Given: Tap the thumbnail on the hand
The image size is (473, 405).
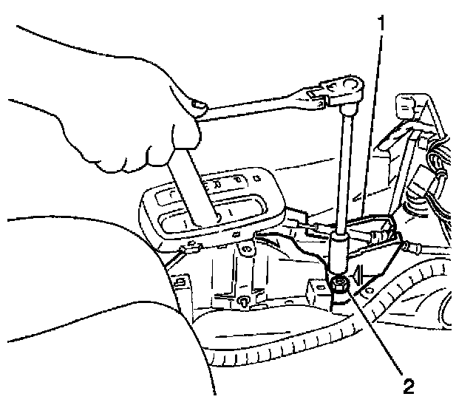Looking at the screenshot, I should coord(198,108).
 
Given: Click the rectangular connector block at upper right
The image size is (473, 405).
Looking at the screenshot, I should coord(409,107).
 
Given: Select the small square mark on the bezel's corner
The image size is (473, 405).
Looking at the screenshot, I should coord(255,177).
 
